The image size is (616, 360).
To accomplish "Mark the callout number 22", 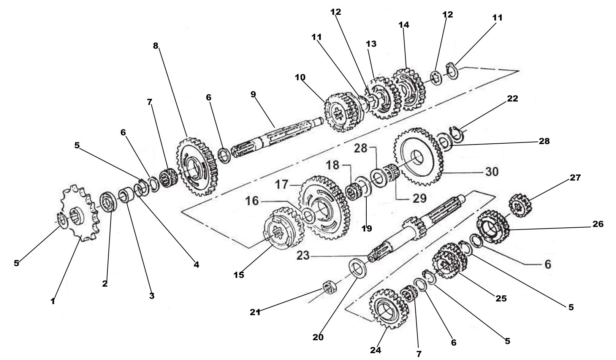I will pyautogui.click(x=512, y=99).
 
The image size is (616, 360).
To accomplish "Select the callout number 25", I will pyautogui.click(x=501, y=299).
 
